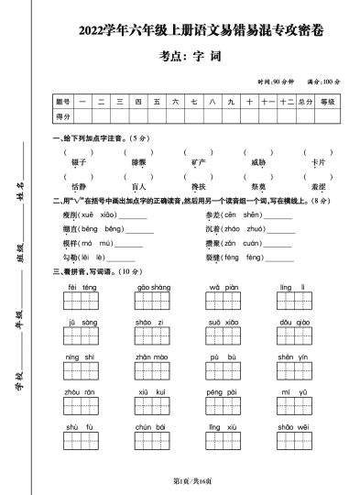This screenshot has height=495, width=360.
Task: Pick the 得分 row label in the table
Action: click(63, 116)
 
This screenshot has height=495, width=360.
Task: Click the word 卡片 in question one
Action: click(318, 162)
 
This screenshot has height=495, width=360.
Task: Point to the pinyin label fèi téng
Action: click(82, 287)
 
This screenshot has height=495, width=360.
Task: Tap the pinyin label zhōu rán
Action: click(82, 392)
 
